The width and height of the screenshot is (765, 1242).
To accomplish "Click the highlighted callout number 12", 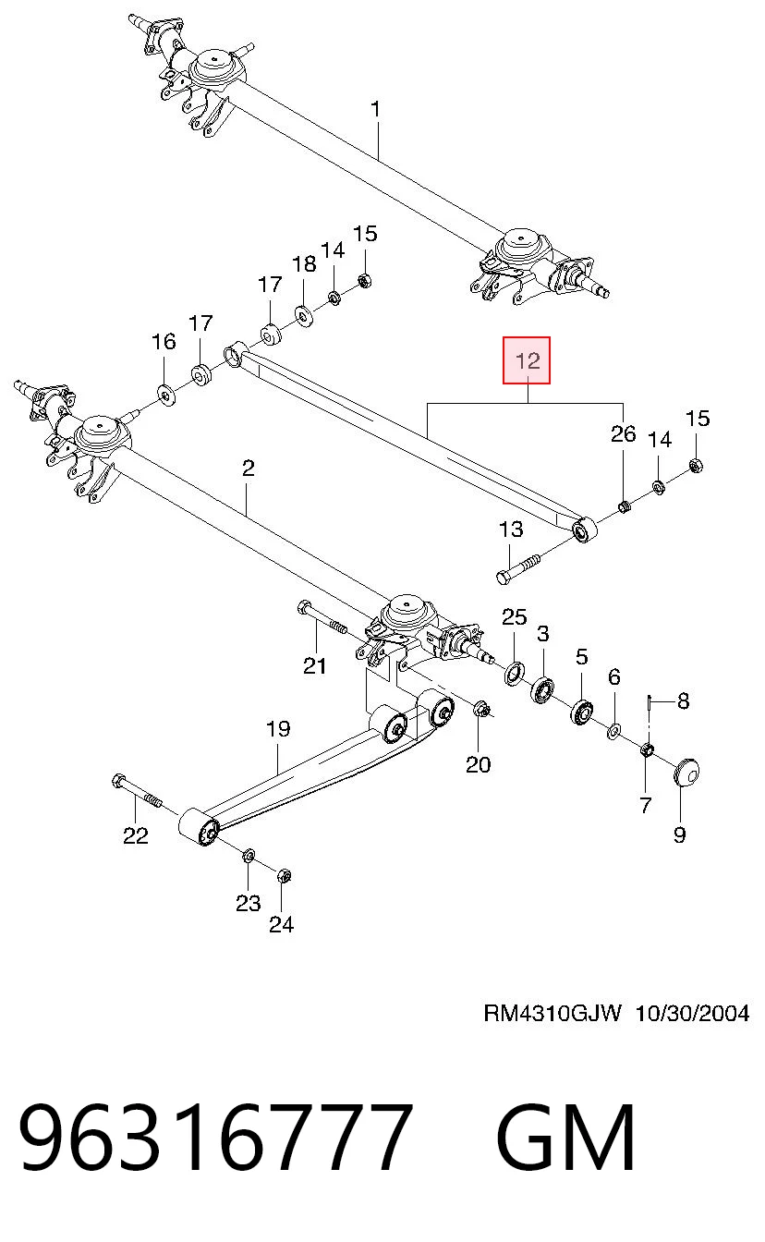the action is click(x=527, y=360).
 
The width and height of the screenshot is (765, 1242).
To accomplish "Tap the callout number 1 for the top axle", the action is click(x=375, y=109).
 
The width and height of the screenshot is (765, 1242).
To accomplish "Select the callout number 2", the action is click(x=249, y=469).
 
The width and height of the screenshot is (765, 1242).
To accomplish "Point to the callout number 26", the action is click(x=623, y=433).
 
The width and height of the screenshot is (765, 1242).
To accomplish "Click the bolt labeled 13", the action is click(x=518, y=567).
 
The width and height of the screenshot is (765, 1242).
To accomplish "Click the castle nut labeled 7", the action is click(x=647, y=749).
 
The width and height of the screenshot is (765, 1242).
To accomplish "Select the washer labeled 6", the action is click(x=613, y=732).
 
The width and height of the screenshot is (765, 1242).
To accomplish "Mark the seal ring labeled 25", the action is click(x=514, y=673).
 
